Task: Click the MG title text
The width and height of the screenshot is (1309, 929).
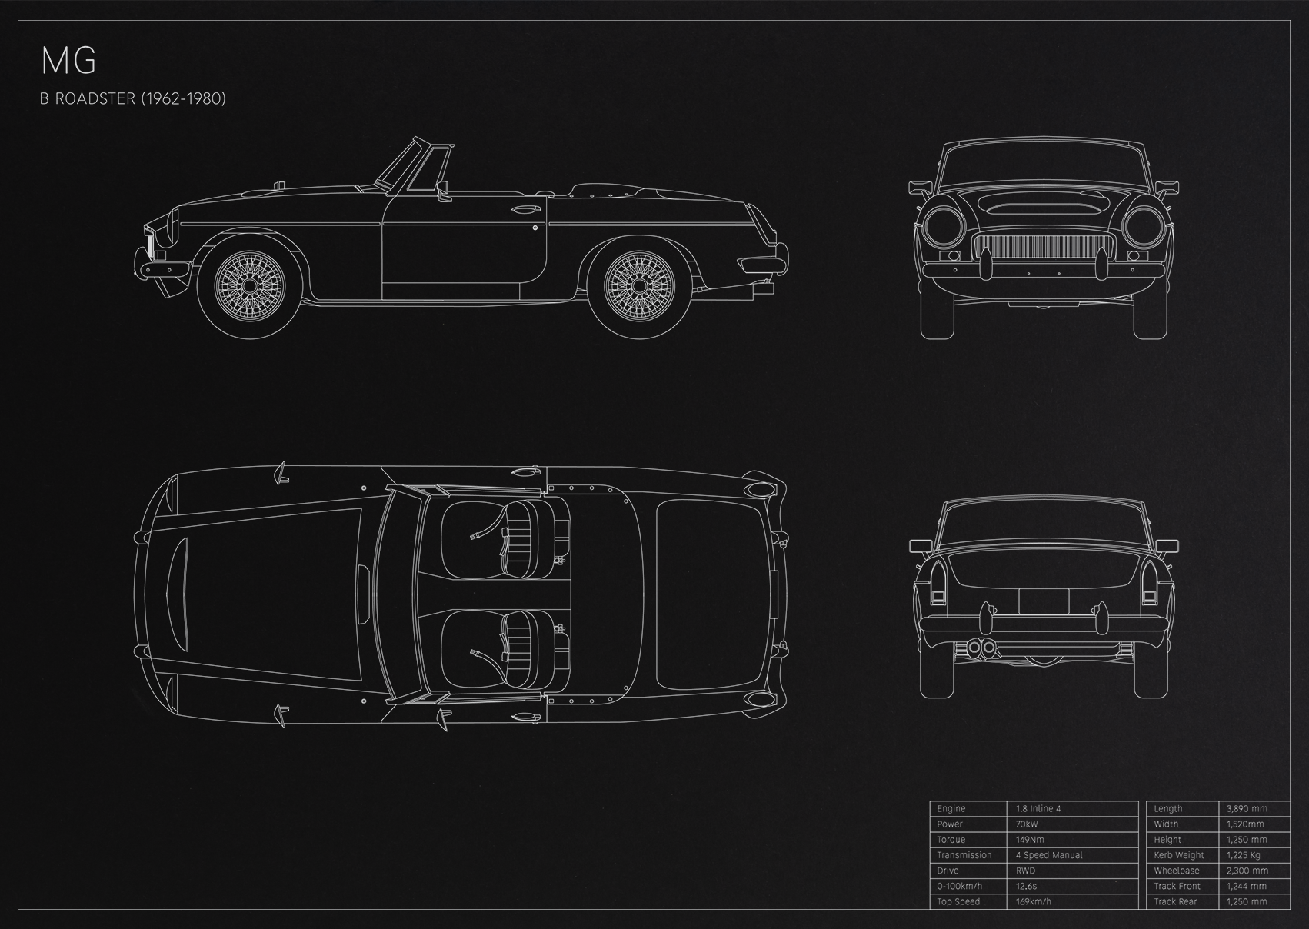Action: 68,62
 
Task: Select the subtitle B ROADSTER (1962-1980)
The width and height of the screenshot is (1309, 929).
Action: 132,98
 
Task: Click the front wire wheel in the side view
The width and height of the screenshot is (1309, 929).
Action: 249,285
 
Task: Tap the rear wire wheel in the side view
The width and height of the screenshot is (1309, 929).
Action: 639,285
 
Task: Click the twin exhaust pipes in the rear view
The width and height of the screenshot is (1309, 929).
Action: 981,648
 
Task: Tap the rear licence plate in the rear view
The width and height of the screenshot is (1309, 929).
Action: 1044,602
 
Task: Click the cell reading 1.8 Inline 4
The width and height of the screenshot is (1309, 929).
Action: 1038,808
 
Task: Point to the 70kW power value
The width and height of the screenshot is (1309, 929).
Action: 1027,824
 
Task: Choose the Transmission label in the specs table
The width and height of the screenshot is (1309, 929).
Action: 964,855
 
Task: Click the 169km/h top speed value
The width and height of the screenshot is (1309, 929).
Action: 1033,901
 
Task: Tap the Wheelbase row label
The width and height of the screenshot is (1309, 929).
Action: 1177,871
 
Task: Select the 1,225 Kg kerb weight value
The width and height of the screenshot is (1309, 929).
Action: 1243,855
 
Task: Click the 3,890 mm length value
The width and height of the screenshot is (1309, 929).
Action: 1247,808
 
